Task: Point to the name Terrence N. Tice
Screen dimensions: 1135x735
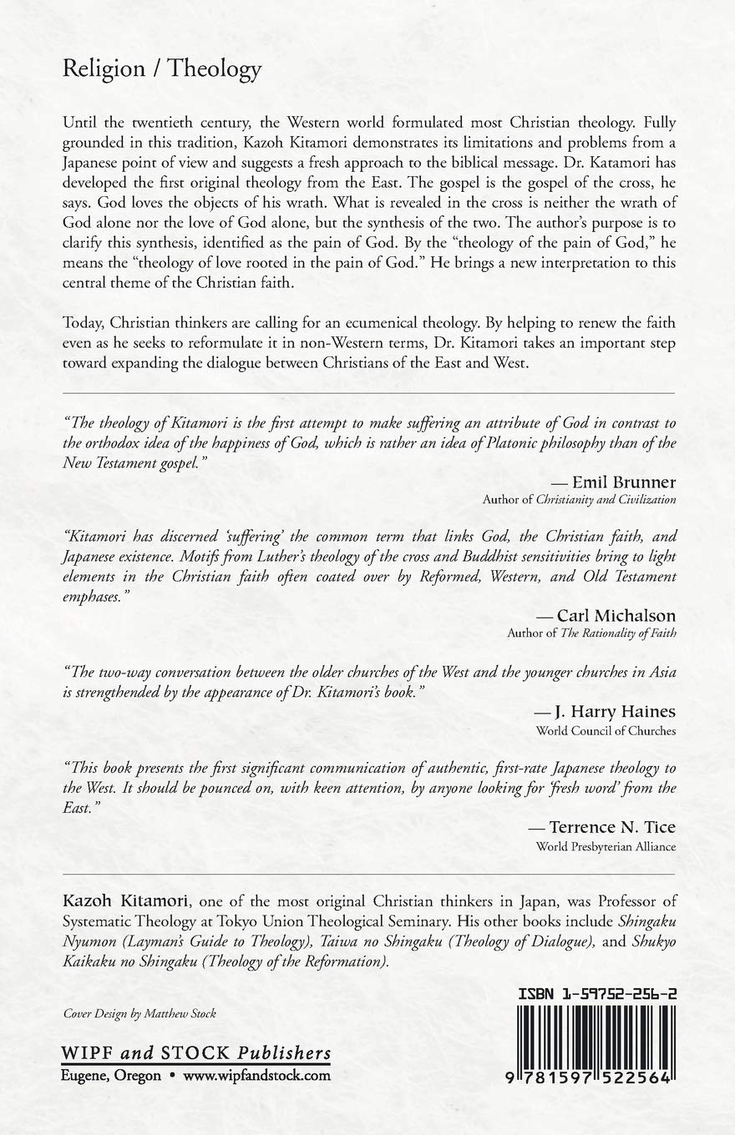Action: [612, 827]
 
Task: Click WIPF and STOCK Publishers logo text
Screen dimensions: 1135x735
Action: [196, 1052]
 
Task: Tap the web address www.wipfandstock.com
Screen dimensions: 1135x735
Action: [256, 1076]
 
